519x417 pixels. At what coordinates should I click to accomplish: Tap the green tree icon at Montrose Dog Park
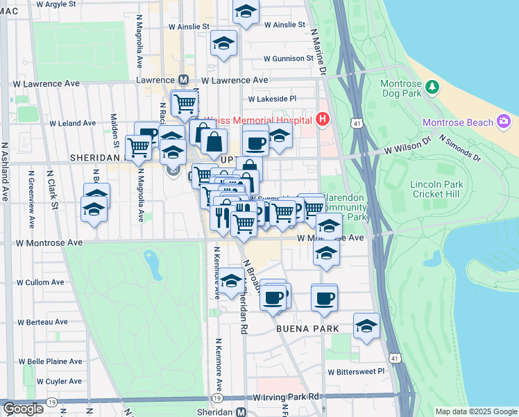(432, 87)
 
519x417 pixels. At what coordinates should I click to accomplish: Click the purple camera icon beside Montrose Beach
(504, 122)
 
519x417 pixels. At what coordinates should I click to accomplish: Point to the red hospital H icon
(322, 120)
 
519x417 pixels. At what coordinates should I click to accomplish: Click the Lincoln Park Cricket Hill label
(435, 188)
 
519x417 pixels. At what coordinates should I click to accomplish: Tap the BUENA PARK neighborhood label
(307, 328)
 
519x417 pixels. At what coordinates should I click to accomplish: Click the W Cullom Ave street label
(40, 283)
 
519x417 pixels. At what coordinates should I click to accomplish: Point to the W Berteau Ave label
(42, 322)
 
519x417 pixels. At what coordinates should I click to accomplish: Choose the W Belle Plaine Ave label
(50, 361)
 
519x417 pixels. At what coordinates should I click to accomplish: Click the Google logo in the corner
(23, 409)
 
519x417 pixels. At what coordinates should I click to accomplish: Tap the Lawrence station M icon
(184, 80)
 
